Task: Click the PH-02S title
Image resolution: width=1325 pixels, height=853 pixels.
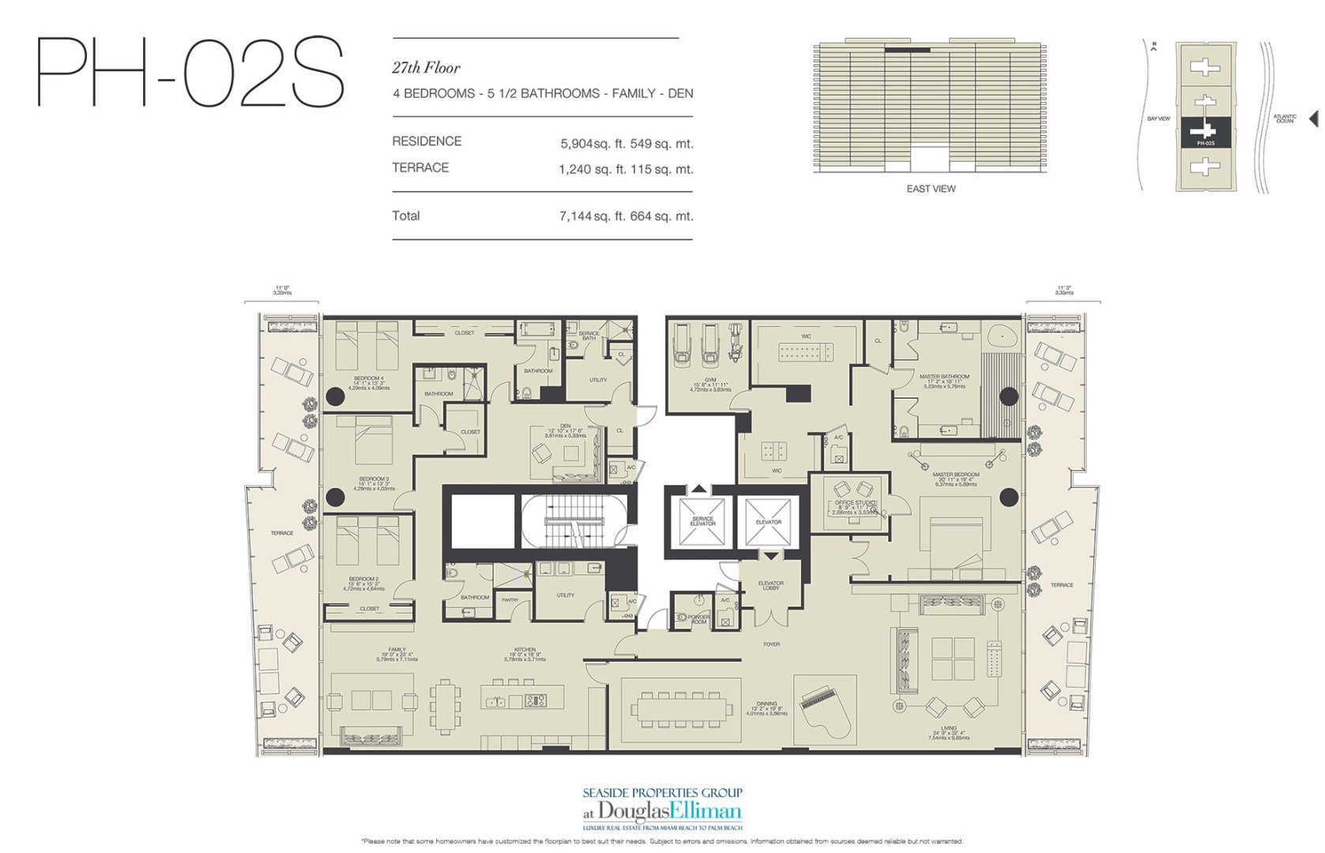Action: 190,73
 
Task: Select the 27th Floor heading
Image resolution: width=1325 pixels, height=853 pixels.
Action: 426,68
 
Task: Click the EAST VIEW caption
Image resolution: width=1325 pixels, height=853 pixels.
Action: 931,189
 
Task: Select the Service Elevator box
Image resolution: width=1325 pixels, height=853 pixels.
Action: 702,521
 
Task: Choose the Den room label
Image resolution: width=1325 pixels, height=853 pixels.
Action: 565,426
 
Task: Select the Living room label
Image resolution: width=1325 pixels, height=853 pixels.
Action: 948,728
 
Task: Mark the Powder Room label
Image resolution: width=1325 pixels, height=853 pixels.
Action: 699,619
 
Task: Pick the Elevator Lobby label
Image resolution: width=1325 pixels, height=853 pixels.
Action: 770,585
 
